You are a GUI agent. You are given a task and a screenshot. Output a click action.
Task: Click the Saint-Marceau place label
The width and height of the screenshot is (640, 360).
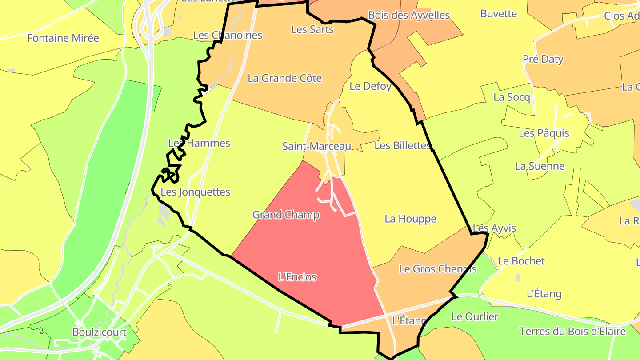316,146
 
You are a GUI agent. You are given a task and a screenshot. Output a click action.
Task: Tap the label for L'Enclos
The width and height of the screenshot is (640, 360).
297,277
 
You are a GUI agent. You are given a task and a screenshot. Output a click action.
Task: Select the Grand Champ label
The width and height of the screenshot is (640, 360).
286,215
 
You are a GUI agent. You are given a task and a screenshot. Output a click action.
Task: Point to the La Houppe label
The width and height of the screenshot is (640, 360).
410,219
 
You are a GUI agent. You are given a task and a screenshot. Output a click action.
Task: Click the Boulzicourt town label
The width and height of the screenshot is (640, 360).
100,332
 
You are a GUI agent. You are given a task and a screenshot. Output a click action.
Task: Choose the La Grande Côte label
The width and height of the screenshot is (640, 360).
284,78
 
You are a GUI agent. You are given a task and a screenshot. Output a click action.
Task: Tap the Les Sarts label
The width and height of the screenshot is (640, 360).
312,29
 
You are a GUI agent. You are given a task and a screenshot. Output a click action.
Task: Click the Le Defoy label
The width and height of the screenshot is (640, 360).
370,86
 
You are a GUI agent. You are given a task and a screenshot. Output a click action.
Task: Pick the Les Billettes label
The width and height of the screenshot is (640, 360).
403,145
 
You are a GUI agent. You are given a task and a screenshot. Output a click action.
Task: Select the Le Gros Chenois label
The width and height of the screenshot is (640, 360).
438,269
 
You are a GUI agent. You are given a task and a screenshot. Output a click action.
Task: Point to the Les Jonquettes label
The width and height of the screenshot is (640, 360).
195,192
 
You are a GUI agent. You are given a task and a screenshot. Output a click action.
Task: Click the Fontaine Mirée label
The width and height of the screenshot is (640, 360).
63,38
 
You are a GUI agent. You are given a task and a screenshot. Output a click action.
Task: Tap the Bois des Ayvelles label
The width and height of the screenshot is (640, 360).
409,16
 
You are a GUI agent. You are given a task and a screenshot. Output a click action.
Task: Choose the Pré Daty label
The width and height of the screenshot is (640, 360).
543,59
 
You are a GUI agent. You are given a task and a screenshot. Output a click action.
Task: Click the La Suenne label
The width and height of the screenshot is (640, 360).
540,166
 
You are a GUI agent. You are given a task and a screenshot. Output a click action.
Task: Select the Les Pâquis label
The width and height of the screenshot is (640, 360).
544,133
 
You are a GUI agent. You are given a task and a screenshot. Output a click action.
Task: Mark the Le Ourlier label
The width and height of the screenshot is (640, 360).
475,316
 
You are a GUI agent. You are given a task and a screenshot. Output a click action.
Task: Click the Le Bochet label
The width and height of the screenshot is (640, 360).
521,261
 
